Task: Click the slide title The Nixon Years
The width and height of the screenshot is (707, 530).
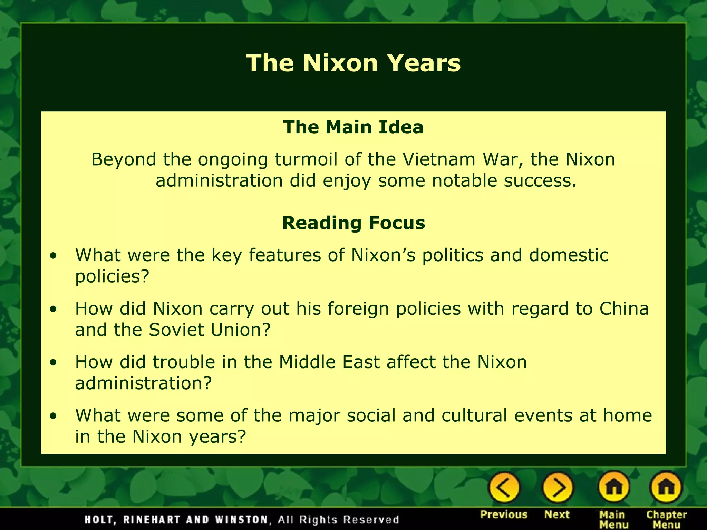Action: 353,63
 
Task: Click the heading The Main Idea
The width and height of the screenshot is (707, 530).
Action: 353,127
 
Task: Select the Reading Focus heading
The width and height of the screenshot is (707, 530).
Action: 353,223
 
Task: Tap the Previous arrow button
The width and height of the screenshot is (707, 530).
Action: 504,488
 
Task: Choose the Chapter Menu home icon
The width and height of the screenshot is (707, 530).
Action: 666,488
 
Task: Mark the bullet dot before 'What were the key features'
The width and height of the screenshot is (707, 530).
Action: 53,256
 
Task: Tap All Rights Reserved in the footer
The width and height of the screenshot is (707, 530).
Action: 338,520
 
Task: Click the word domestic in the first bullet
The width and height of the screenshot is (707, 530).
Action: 569,255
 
